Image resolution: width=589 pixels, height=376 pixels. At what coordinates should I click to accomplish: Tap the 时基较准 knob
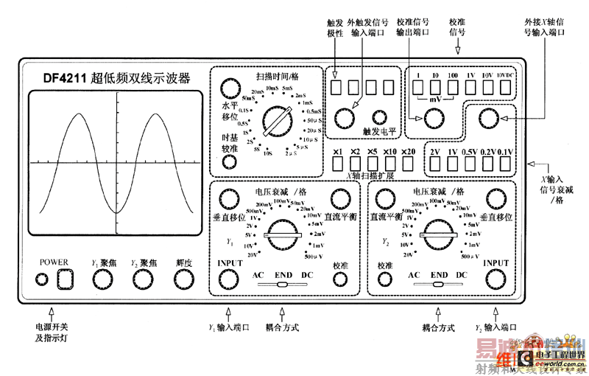point(231,162)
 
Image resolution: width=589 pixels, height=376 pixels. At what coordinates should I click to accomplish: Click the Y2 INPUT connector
point(495,279)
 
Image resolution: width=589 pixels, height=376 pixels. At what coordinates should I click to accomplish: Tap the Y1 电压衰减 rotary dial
point(283,237)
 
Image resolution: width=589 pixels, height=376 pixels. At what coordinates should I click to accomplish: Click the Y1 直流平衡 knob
point(339,198)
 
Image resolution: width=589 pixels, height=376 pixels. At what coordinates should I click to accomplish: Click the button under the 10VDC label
point(506,88)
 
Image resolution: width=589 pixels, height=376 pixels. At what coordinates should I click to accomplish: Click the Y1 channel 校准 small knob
point(339,279)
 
